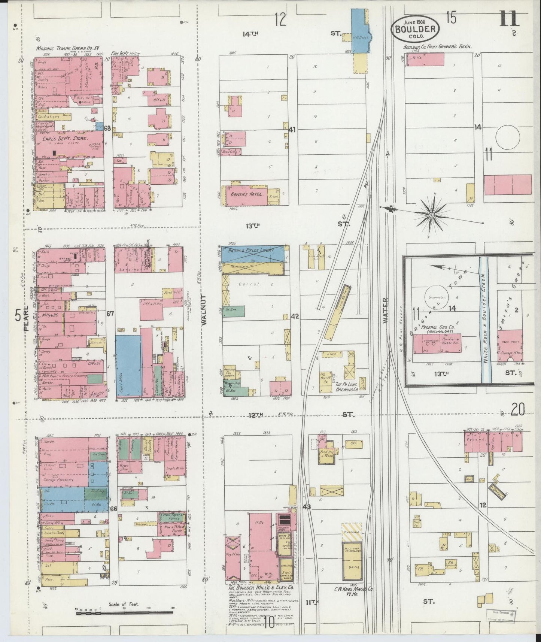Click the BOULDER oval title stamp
pyautogui.click(x=415, y=28)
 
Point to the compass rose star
pyautogui.click(x=431, y=215)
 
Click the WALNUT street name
pyautogui.click(x=204, y=314)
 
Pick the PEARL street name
pyautogui.click(x=26, y=322)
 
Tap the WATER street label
pyautogui.click(x=385, y=311)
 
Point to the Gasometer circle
pyautogui.click(x=436, y=298)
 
